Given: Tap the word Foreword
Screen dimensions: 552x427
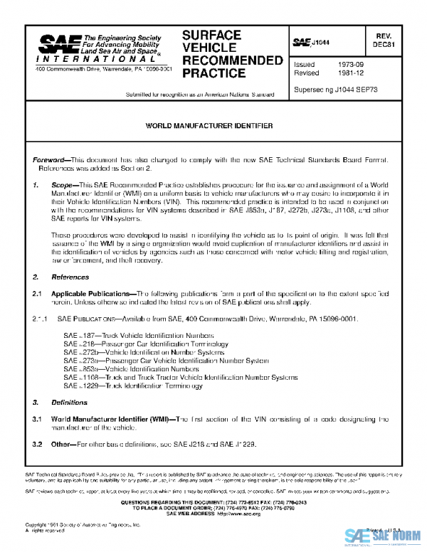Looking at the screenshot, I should [48, 161].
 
